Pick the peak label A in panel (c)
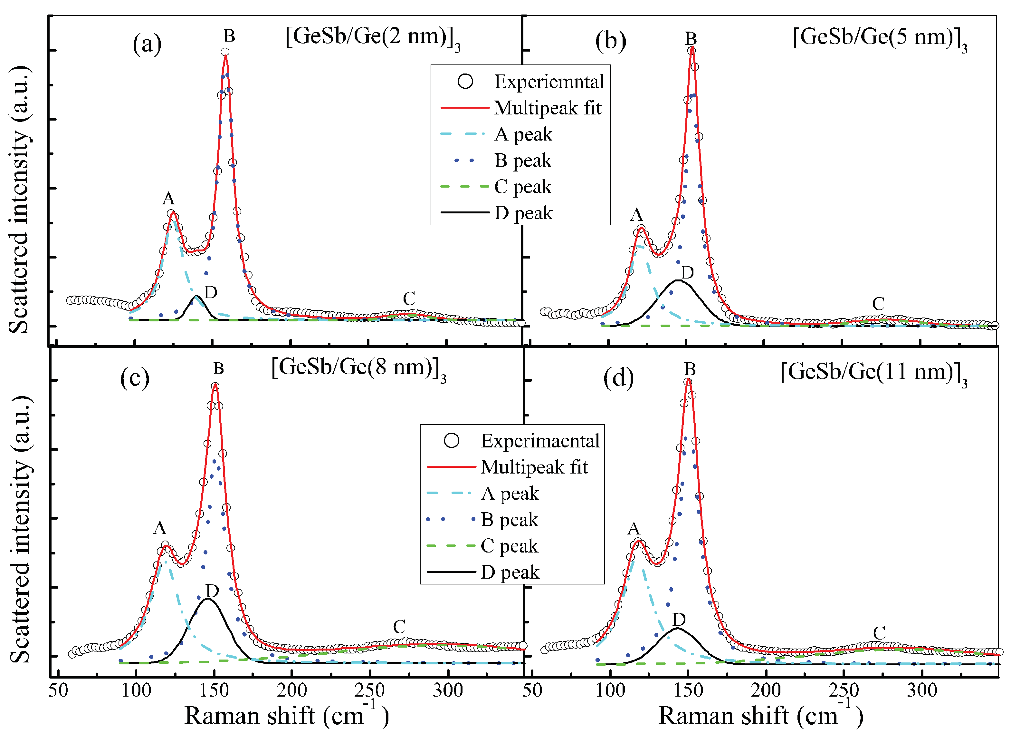(x=159, y=528)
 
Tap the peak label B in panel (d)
(x=690, y=369)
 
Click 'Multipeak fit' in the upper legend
(x=548, y=108)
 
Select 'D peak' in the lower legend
(x=510, y=572)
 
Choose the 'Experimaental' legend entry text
(x=540, y=441)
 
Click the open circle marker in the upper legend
(x=465, y=82)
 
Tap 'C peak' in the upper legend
(x=522, y=187)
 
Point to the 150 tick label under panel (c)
(x=214, y=690)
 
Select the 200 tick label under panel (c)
(x=291, y=690)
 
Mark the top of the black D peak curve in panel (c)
(x=207, y=599)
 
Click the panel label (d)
(x=618, y=378)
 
